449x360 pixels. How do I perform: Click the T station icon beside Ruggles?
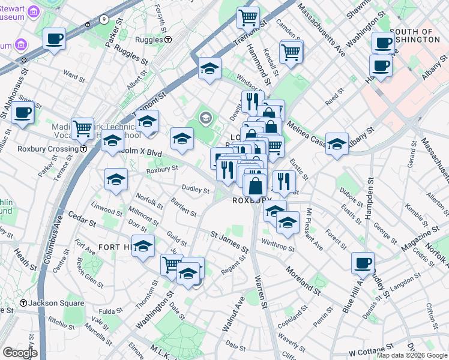[168, 40]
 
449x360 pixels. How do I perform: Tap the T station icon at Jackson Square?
[25, 304]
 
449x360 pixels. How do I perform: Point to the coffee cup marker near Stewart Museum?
[55, 40]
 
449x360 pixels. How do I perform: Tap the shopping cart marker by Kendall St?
[291, 52]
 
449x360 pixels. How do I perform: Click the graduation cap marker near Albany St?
[337, 144]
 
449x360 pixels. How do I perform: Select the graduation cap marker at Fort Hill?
[143, 246]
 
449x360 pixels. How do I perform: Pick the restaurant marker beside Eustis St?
[284, 181]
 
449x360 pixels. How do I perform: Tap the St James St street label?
[229, 239]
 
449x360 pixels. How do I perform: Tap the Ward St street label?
[74, 77]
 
